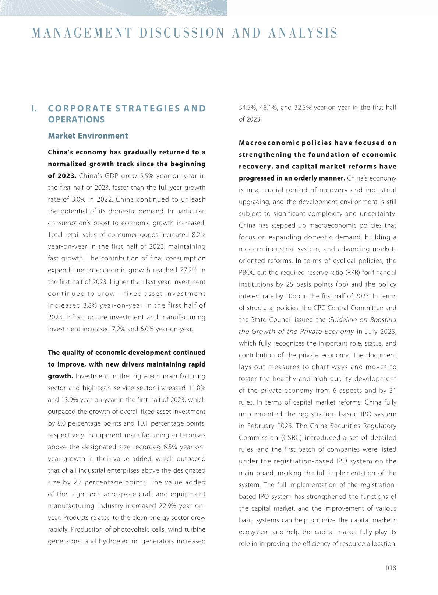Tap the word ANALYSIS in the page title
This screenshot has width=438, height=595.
[x=303, y=33]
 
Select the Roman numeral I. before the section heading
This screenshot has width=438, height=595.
[x=34, y=108]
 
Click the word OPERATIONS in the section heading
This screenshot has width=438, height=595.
[x=76, y=119]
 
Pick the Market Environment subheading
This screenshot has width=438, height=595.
[x=88, y=136]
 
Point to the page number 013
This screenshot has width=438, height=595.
[x=391, y=568]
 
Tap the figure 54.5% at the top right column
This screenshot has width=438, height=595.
[x=247, y=108]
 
